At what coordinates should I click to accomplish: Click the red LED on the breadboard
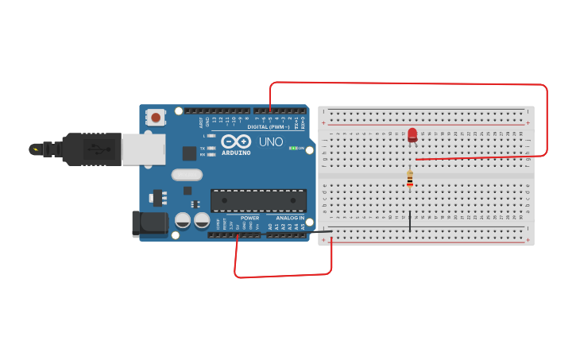pyautogui.click(x=412, y=134)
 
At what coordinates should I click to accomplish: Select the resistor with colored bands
pyautogui.click(x=409, y=179)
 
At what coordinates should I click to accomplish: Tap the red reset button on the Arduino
pyautogui.click(x=156, y=118)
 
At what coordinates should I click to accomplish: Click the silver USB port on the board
pyautogui.click(x=143, y=149)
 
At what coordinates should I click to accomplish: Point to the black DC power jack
pyautogui.click(x=149, y=223)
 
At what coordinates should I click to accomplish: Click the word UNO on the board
pyautogui.click(x=271, y=141)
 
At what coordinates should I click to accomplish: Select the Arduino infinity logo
pyautogui.click(x=236, y=141)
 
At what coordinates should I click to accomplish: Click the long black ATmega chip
pyautogui.click(x=258, y=200)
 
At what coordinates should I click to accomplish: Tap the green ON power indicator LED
pyautogui.click(x=292, y=148)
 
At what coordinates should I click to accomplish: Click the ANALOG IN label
pyautogui.click(x=290, y=218)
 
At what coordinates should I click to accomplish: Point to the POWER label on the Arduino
pyautogui.click(x=249, y=218)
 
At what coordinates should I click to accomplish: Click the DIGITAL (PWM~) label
pyautogui.click(x=269, y=126)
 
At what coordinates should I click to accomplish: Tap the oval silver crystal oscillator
pyautogui.click(x=187, y=175)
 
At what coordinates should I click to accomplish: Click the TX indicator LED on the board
pyautogui.click(x=211, y=149)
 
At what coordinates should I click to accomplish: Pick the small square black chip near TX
pyautogui.click(x=189, y=153)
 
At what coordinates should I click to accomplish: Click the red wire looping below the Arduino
pyautogui.click(x=282, y=275)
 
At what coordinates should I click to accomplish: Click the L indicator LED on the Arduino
pyautogui.click(x=211, y=136)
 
